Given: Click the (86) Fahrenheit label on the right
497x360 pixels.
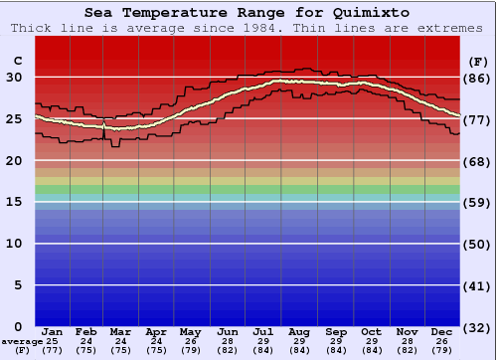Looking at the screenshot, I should pos(477,78).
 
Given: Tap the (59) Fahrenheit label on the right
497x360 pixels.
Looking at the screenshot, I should pos(477,202).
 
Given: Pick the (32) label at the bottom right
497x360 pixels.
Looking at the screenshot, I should pos(477,327).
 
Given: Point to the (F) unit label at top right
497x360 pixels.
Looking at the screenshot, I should pos(477,61).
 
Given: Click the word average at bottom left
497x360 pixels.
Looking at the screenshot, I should pos(21,340).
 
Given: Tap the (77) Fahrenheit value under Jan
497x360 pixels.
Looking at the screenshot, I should pos(53,350).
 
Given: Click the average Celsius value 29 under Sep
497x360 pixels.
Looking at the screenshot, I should pos(337,340).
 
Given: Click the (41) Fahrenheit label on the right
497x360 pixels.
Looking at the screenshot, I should pos(477,285).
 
